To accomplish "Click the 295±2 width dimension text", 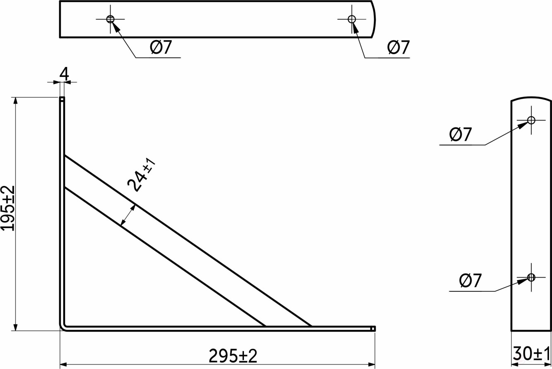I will coord(233,356).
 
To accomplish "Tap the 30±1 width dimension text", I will coord(532,354).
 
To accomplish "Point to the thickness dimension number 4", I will coord(64,74).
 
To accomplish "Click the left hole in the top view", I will coord(110,19).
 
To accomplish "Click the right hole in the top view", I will coord(352,19).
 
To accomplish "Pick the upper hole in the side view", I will coord(531,120).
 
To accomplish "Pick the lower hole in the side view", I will coord(531,277).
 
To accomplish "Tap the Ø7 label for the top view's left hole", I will coord(161,48).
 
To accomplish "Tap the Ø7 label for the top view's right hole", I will coord(398,48).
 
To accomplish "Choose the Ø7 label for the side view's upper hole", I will coord(460,135).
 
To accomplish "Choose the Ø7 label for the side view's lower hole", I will coord(471,281).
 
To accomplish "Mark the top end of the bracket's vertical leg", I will coord(62,99).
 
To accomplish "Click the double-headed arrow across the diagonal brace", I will coord(128,215).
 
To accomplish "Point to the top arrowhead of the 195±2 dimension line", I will coord(16,100).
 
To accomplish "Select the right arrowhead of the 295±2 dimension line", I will coord(372,365).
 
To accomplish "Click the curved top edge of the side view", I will coord(531,98).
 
